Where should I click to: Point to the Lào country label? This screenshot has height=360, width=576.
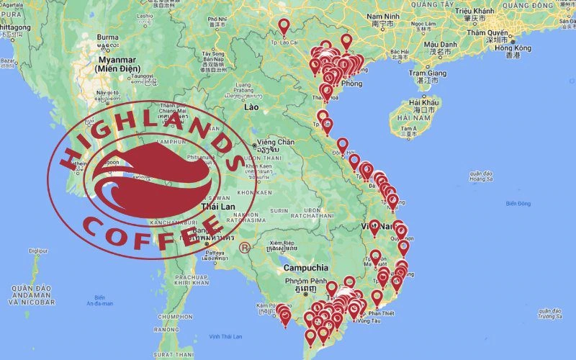click(x=251, y=107)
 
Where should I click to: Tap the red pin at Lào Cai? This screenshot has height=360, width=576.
click(x=284, y=27)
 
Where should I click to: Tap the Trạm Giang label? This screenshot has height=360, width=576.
click(x=428, y=73)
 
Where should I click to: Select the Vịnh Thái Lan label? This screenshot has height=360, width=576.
click(x=225, y=336)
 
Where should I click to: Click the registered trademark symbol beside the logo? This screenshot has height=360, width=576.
click(x=245, y=248)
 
